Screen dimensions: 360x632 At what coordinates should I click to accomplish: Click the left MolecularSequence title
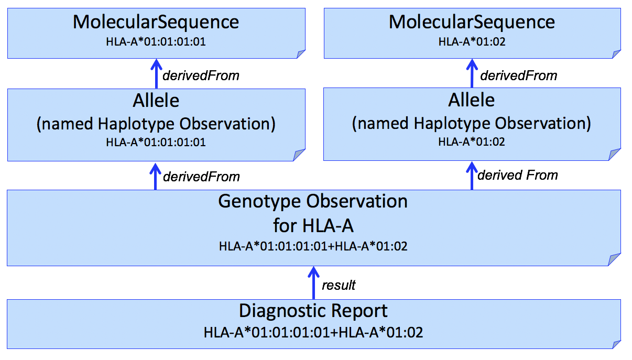(x=156, y=22)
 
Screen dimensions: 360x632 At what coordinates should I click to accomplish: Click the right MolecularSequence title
(x=472, y=22)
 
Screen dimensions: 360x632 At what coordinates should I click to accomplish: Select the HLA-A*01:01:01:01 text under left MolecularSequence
(x=156, y=41)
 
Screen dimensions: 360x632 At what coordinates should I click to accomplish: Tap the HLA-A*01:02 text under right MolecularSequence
(x=472, y=41)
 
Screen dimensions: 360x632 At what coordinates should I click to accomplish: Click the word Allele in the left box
(x=156, y=100)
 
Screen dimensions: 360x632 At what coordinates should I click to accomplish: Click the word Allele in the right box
(x=472, y=100)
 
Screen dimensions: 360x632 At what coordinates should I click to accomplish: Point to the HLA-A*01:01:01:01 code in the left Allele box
(x=156, y=142)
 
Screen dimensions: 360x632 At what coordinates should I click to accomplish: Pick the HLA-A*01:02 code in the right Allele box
(x=472, y=142)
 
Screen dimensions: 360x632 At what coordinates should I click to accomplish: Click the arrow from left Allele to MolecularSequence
(x=155, y=73)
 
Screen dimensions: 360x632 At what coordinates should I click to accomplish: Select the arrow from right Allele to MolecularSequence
(x=472, y=73)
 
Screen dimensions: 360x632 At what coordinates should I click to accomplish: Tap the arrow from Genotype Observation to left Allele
(x=155, y=176)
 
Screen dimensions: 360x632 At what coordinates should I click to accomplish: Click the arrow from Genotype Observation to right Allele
(x=472, y=176)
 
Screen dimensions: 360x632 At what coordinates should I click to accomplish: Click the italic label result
(x=339, y=285)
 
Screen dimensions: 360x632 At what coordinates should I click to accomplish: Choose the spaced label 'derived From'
(x=518, y=175)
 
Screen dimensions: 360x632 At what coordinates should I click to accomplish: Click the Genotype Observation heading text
(x=313, y=201)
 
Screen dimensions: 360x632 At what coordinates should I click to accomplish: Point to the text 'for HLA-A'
(x=313, y=226)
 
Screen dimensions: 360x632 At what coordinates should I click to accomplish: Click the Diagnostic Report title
(x=313, y=311)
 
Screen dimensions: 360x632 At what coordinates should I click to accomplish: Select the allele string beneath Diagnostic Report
(x=313, y=332)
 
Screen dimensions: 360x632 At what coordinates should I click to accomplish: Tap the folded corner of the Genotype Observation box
(x=615, y=259)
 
